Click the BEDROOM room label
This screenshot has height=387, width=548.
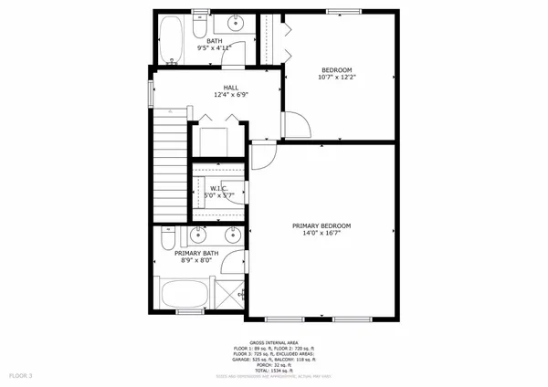pos(337,69)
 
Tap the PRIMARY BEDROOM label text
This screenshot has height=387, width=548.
pos(321,225)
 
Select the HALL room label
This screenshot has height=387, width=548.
pos(218,87)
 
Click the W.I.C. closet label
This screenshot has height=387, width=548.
pos(206,189)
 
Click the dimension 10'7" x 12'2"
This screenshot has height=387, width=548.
pos(337,78)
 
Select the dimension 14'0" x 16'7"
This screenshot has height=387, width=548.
pos(321,234)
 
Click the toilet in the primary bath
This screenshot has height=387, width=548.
pos(167,239)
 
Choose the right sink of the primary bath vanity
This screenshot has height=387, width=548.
pos(232,232)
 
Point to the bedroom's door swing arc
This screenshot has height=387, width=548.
pos(294,126)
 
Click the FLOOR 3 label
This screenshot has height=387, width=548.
pos(21,375)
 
